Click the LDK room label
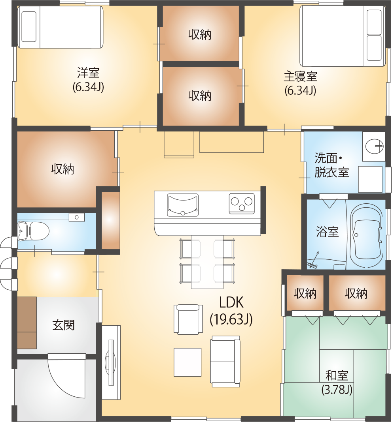click(x=231, y=302)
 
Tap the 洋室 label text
click(x=88, y=73)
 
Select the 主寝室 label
click(x=300, y=77)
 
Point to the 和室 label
click(x=337, y=376)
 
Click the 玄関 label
click(x=63, y=325)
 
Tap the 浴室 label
click(x=327, y=232)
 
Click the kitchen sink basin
click(x=183, y=205)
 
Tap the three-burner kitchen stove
click(x=242, y=203)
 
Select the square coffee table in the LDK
click(x=187, y=362)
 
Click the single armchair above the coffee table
click(x=188, y=319)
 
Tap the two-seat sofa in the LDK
click(x=225, y=361)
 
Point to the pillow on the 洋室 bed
click(x=29, y=26)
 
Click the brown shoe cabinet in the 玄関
click(x=27, y=323)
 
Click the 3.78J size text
click(x=337, y=390)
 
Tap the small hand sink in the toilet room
click(x=77, y=217)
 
